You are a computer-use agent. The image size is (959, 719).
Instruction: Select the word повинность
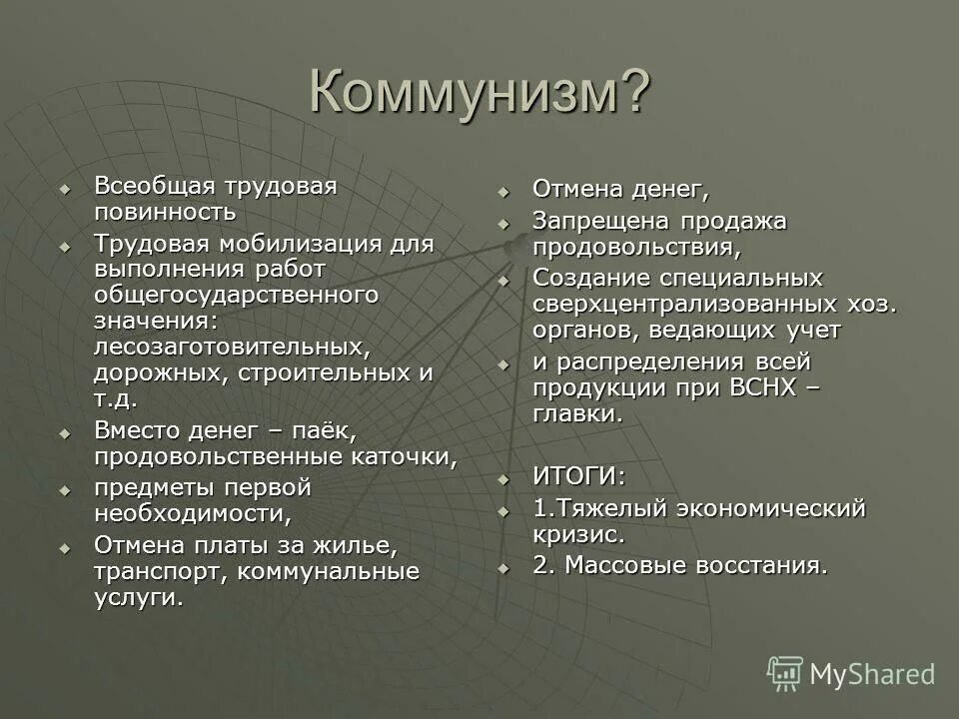(165, 212)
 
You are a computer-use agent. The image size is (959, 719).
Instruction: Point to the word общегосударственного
(237, 296)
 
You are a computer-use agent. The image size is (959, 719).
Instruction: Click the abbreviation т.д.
(116, 399)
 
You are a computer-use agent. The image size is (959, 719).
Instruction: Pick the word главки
(577, 413)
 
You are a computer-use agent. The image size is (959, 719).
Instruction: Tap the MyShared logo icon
(785, 673)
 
